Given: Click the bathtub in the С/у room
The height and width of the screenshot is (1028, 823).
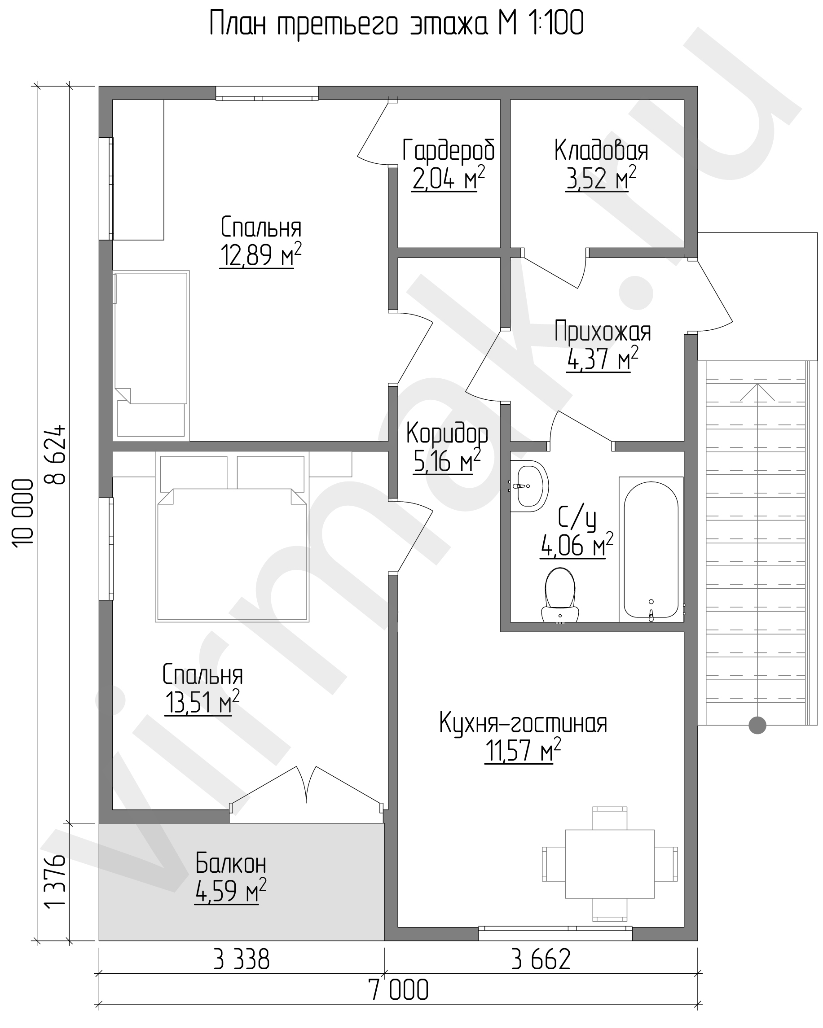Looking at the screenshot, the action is tap(651, 549).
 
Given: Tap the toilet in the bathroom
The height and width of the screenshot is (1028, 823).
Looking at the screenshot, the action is tap(559, 595).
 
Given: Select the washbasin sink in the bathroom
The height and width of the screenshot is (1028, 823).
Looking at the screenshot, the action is tap(528, 486).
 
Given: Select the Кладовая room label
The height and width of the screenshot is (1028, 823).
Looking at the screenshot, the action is tap(601, 151).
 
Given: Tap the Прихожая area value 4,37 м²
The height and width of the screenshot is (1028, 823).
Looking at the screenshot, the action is tap(602, 359).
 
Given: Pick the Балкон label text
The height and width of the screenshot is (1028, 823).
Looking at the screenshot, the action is tap(231, 863).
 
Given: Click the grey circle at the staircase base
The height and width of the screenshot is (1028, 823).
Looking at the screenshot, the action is tap(757, 725).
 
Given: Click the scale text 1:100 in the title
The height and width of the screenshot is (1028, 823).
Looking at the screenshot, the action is tap(555, 24).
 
